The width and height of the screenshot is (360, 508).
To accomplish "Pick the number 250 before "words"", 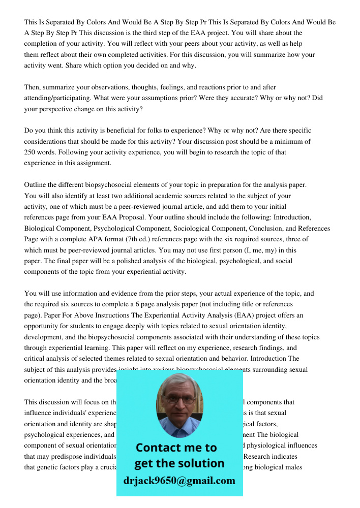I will pyautogui.click(x=31, y=152).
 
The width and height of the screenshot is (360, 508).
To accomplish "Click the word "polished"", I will pyautogui.click(x=141, y=261).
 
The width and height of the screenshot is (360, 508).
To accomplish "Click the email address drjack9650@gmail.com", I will pyautogui.click(x=179, y=480).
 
